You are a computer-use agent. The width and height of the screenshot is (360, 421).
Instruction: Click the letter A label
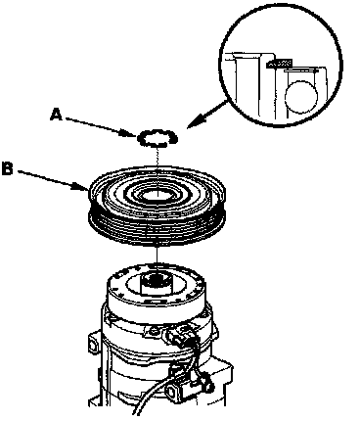56,115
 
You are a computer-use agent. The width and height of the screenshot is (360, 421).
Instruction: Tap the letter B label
7,169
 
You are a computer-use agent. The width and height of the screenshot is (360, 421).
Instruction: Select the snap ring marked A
157,138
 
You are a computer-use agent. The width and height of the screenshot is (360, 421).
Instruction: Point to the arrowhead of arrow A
130,132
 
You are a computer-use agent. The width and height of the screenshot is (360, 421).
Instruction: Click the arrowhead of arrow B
82,187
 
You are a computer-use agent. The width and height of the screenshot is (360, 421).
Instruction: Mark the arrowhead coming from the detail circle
195,121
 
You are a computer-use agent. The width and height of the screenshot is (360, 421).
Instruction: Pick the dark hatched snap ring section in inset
279,64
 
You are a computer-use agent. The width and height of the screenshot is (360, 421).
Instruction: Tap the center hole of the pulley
157,196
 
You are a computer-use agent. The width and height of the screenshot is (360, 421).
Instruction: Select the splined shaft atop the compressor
157,283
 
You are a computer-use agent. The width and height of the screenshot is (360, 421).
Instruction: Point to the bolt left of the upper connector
152,332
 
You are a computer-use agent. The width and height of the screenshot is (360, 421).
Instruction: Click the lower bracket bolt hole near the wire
173,390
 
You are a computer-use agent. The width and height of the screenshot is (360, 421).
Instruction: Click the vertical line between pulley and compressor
157,257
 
